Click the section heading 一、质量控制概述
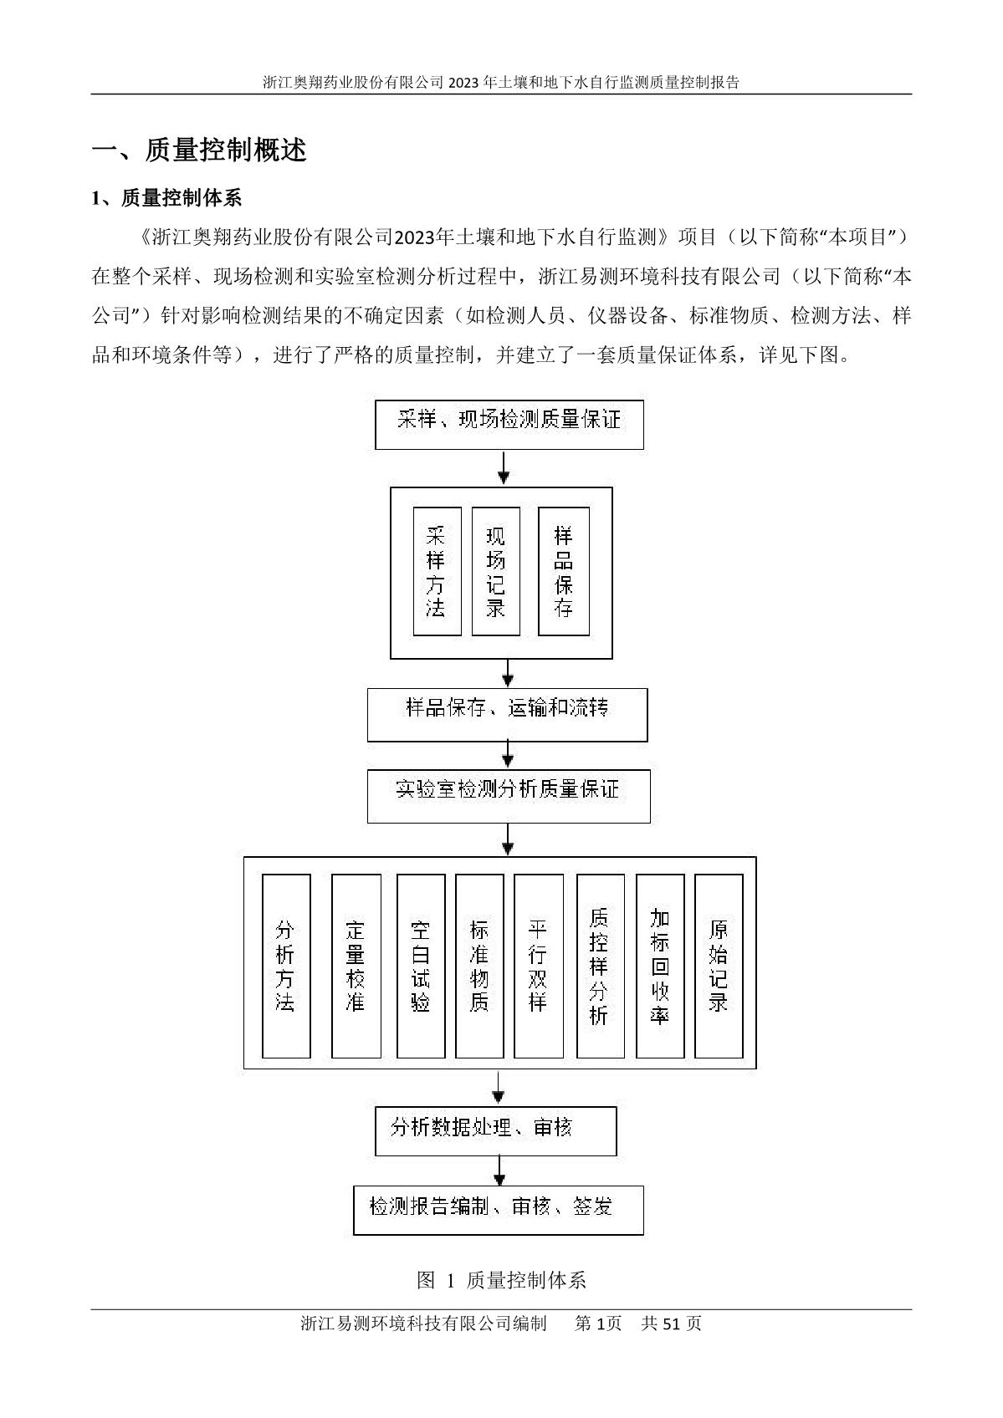click(199, 150)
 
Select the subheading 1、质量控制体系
click(166, 198)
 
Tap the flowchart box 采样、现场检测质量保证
click(509, 425)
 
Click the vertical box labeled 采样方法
click(437, 571)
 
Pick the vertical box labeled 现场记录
click(495, 571)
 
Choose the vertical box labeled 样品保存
click(563, 571)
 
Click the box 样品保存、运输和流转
click(507, 714)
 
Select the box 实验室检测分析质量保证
click(508, 796)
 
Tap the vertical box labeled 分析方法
click(286, 966)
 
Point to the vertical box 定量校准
click(356, 966)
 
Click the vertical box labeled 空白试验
click(420, 966)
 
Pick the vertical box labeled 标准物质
click(479, 966)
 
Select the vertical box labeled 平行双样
click(538, 966)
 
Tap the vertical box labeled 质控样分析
click(600, 966)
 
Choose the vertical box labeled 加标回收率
click(660, 966)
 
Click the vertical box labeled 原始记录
click(719, 966)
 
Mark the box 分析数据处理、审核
click(495, 1131)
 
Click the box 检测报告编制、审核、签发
click(498, 1210)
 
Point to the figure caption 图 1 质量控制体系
click(501, 1280)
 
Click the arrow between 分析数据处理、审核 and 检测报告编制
click(499, 1171)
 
